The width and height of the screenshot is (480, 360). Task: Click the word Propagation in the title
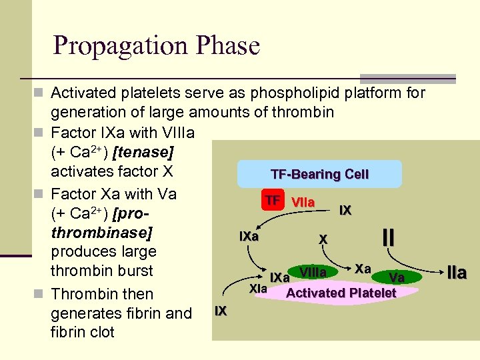116,46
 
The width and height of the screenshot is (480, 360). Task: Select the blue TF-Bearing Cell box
319,174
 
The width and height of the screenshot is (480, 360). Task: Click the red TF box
272,201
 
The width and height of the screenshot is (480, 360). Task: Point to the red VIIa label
303,201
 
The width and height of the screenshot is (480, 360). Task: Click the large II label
389,237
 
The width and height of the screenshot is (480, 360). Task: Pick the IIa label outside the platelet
457,272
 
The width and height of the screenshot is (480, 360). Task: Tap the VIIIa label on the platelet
313,273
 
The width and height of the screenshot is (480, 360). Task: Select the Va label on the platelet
397,277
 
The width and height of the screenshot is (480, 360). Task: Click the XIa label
257,289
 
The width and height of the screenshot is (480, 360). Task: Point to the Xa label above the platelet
363,267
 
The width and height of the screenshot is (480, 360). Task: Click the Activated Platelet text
341,293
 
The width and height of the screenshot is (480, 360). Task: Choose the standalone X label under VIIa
323,239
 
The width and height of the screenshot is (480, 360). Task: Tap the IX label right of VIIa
345,211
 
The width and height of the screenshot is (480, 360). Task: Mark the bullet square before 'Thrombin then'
42,294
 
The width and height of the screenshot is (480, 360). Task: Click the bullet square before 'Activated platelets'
42,93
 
